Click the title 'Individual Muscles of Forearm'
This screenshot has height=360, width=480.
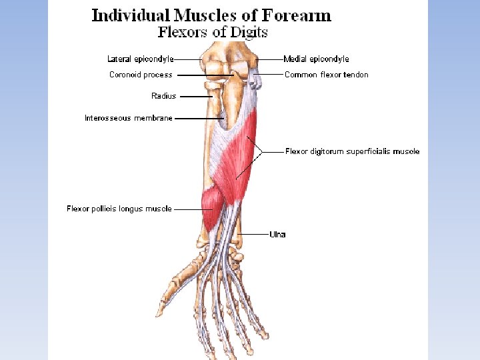(x=211, y=15)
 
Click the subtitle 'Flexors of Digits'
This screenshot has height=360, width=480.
(x=213, y=31)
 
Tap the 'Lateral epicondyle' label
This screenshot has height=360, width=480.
(x=141, y=59)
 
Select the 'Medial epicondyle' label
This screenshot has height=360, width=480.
(x=316, y=59)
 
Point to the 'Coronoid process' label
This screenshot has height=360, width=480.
(x=141, y=75)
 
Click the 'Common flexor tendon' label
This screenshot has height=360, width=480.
(x=326, y=75)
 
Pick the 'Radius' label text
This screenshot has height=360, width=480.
(x=163, y=96)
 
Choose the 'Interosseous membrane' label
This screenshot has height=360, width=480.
(x=129, y=118)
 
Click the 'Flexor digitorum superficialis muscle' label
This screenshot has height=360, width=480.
(x=352, y=151)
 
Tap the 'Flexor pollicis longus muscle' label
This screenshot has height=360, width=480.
(x=119, y=209)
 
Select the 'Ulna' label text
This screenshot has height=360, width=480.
(x=277, y=234)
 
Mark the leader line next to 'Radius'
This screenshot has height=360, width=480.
(x=195, y=96)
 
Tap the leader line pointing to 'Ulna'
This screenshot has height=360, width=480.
(x=254, y=234)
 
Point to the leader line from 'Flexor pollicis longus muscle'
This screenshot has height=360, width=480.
(x=188, y=209)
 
